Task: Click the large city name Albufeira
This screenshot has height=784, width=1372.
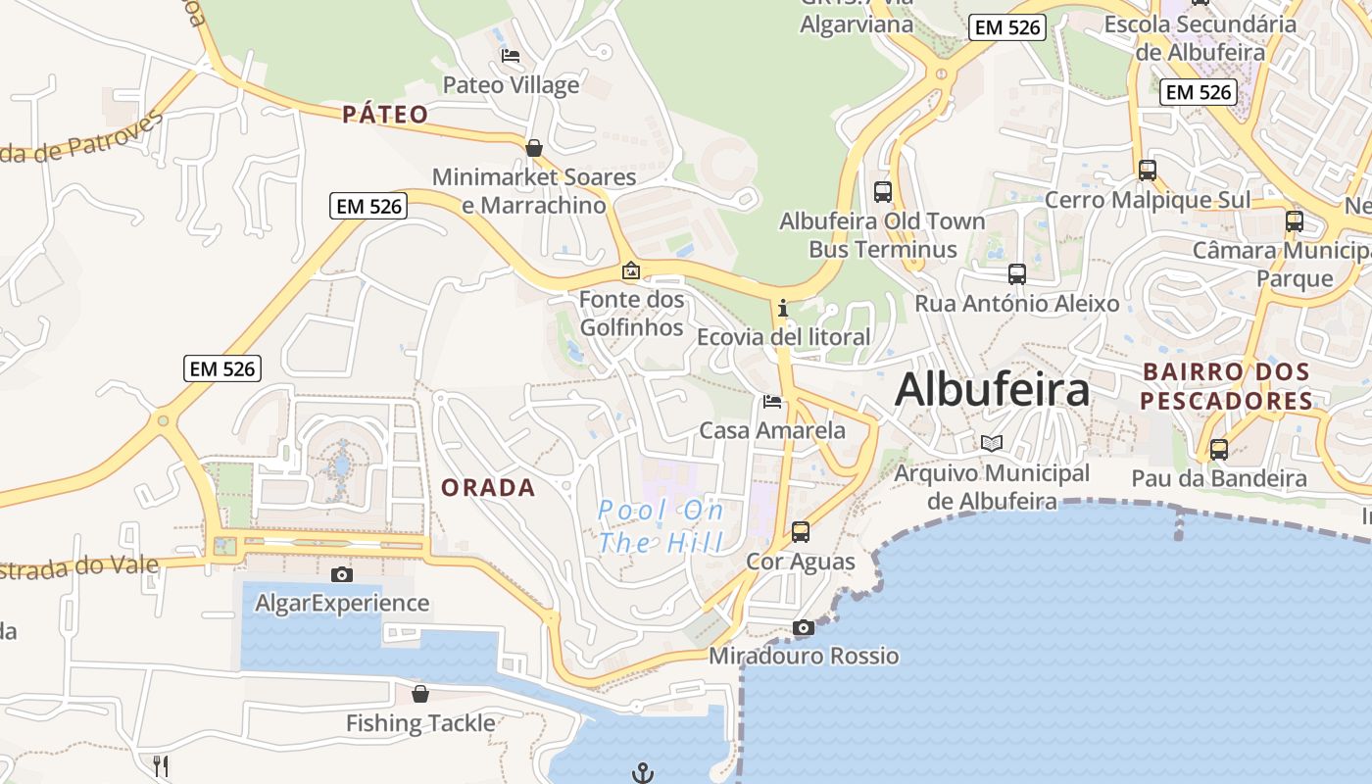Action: click(x=992, y=389)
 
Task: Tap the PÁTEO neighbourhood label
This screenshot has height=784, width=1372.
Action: click(x=385, y=115)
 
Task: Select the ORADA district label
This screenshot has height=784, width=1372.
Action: click(x=488, y=487)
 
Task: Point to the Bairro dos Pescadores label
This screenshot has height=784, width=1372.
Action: click(x=1226, y=386)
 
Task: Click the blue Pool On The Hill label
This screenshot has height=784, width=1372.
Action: click(x=661, y=526)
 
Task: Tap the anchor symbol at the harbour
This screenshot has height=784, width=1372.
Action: click(x=642, y=773)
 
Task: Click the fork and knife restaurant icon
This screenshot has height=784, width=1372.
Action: click(x=162, y=765)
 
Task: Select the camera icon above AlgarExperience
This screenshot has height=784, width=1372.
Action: click(x=342, y=574)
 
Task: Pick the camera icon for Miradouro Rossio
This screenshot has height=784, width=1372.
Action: click(x=804, y=627)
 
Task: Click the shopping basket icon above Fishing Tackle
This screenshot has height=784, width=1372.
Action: click(x=420, y=694)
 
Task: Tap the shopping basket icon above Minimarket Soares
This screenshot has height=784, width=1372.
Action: click(x=534, y=148)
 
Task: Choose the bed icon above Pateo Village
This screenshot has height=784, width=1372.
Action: click(x=511, y=56)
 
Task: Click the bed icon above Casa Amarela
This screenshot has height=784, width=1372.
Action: click(x=772, y=402)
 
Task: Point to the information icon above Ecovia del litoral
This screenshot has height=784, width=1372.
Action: click(x=783, y=309)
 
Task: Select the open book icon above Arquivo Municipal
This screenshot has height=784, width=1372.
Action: click(x=992, y=443)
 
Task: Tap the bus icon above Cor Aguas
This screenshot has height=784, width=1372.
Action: click(x=801, y=532)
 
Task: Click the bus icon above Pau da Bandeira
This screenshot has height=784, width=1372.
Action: click(x=1219, y=450)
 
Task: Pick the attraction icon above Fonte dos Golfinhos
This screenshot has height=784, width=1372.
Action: click(x=631, y=269)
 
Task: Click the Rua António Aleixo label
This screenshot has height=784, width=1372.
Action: click(x=1016, y=304)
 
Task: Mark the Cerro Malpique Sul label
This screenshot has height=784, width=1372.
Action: click(x=1147, y=200)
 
